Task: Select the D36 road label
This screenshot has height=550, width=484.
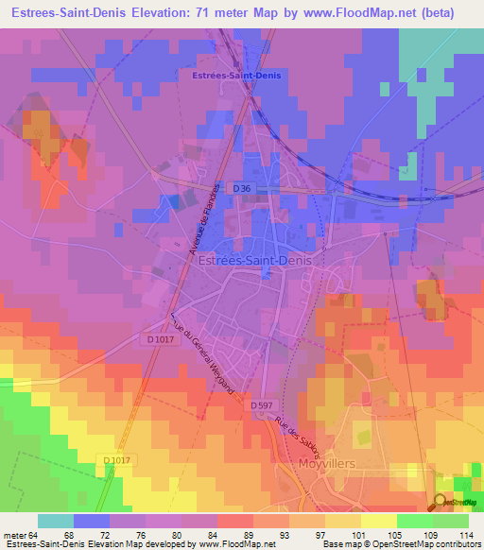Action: click(x=242, y=189)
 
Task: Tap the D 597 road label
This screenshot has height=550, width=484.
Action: click(x=267, y=405)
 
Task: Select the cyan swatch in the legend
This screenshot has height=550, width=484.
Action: click(x=56, y=520)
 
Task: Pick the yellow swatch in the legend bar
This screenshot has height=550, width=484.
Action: click(x=378, y=520)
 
